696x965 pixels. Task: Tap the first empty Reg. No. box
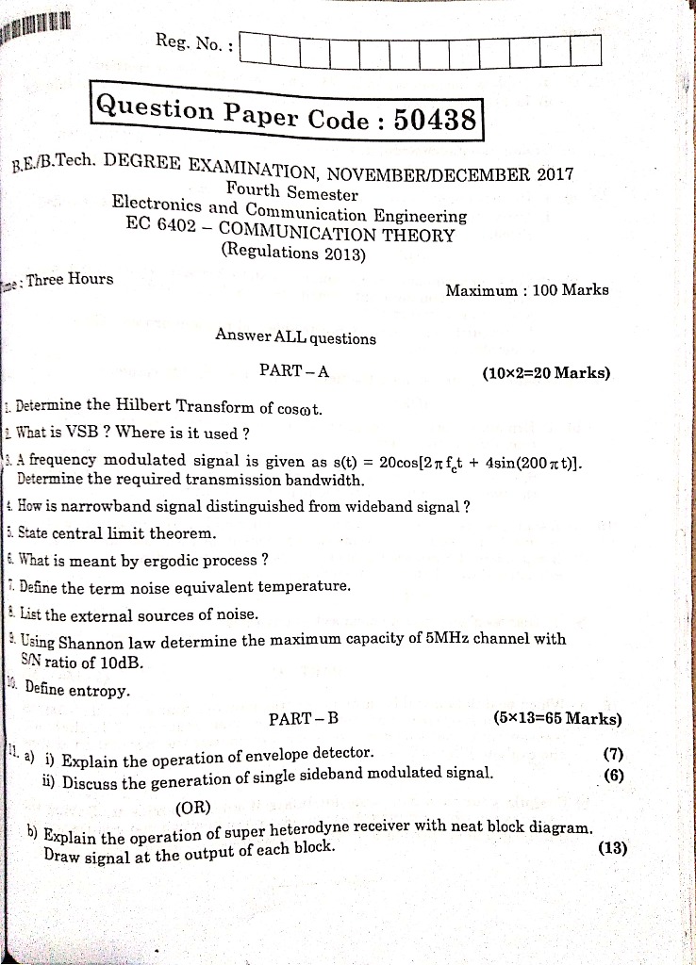point(256,49)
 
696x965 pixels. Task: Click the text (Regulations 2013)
point(292,252)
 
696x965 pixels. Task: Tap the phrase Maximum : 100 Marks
point(527,289)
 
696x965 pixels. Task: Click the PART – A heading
point(293,370)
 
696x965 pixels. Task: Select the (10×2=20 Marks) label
point(546,372)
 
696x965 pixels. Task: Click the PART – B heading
point(303,718)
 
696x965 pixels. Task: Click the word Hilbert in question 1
point(150,406)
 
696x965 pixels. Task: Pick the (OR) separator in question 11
point(193,807)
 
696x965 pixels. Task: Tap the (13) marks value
point(612,847)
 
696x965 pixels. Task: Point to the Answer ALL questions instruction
point(295,337)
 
